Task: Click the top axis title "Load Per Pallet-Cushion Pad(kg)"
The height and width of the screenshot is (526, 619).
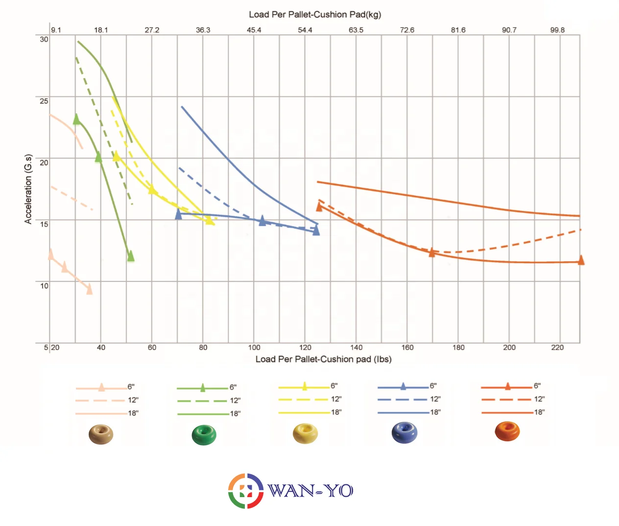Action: (315, 15)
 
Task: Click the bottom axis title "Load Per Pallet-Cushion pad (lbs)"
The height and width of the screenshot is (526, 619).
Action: (323, 359)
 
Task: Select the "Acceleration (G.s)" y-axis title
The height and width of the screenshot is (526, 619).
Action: (28, 189)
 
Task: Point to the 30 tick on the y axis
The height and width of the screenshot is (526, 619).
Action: (44, 39)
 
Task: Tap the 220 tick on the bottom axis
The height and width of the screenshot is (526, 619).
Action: (557, 347)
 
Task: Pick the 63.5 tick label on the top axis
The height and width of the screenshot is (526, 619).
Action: (356, 30)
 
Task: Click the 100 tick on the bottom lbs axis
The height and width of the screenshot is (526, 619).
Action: (254, 347)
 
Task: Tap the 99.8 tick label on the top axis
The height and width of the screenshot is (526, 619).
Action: (557, 30)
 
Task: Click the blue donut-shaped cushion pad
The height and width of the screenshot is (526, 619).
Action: (405, 433)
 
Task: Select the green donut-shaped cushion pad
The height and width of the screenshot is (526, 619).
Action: (204, 435)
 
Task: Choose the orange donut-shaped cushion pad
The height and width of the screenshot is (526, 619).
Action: (507, 431)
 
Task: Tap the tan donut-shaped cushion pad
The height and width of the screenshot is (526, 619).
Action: (101, 434)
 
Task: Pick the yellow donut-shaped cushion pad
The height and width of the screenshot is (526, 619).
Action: (305, 434)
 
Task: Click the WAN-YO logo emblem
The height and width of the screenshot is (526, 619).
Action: (246, 491)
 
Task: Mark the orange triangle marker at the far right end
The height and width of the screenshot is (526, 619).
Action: (581, 260)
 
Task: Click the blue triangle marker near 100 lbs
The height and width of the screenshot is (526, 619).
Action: (262, 221)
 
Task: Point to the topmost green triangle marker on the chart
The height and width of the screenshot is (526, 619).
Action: (76, 119)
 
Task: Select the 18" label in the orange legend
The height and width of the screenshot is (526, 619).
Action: (539, 412)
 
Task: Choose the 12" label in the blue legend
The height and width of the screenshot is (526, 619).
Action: (435, 399)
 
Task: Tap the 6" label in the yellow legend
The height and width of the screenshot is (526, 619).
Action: (334, 386)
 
